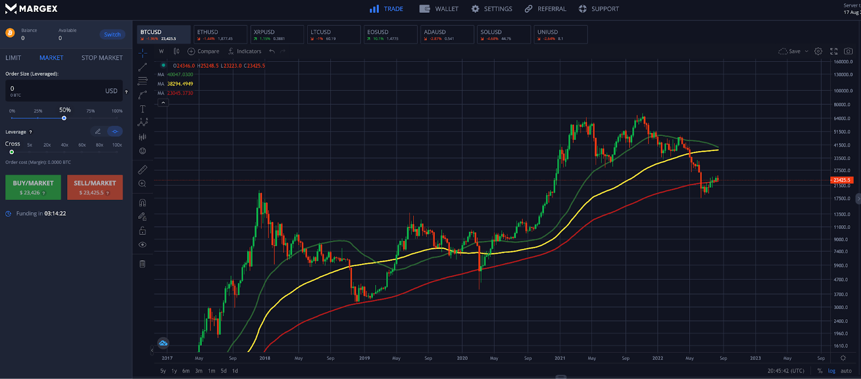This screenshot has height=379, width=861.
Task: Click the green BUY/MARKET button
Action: tap(33, 187)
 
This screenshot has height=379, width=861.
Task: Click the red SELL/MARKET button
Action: tap(95, 187)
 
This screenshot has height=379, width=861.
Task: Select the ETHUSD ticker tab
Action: tap(220, 34)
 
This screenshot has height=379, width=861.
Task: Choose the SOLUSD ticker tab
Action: tap(503, 34)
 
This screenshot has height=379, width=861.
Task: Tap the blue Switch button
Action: tap(112, 34)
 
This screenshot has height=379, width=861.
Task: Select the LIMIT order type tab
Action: tap(13, 58)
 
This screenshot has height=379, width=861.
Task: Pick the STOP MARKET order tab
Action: tap(102, 58)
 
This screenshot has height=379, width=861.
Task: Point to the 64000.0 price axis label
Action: tap(842, 118)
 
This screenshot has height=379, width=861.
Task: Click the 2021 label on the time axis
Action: tap(560, 358)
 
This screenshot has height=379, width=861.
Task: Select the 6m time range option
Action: tap(186, 371)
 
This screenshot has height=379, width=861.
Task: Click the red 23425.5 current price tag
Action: tap(842, 180)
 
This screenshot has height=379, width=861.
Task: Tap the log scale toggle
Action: tap(831, 371)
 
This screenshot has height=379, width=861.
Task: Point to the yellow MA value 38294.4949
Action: tap(180, 84)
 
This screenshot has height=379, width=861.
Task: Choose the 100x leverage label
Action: tap(117, 145)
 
